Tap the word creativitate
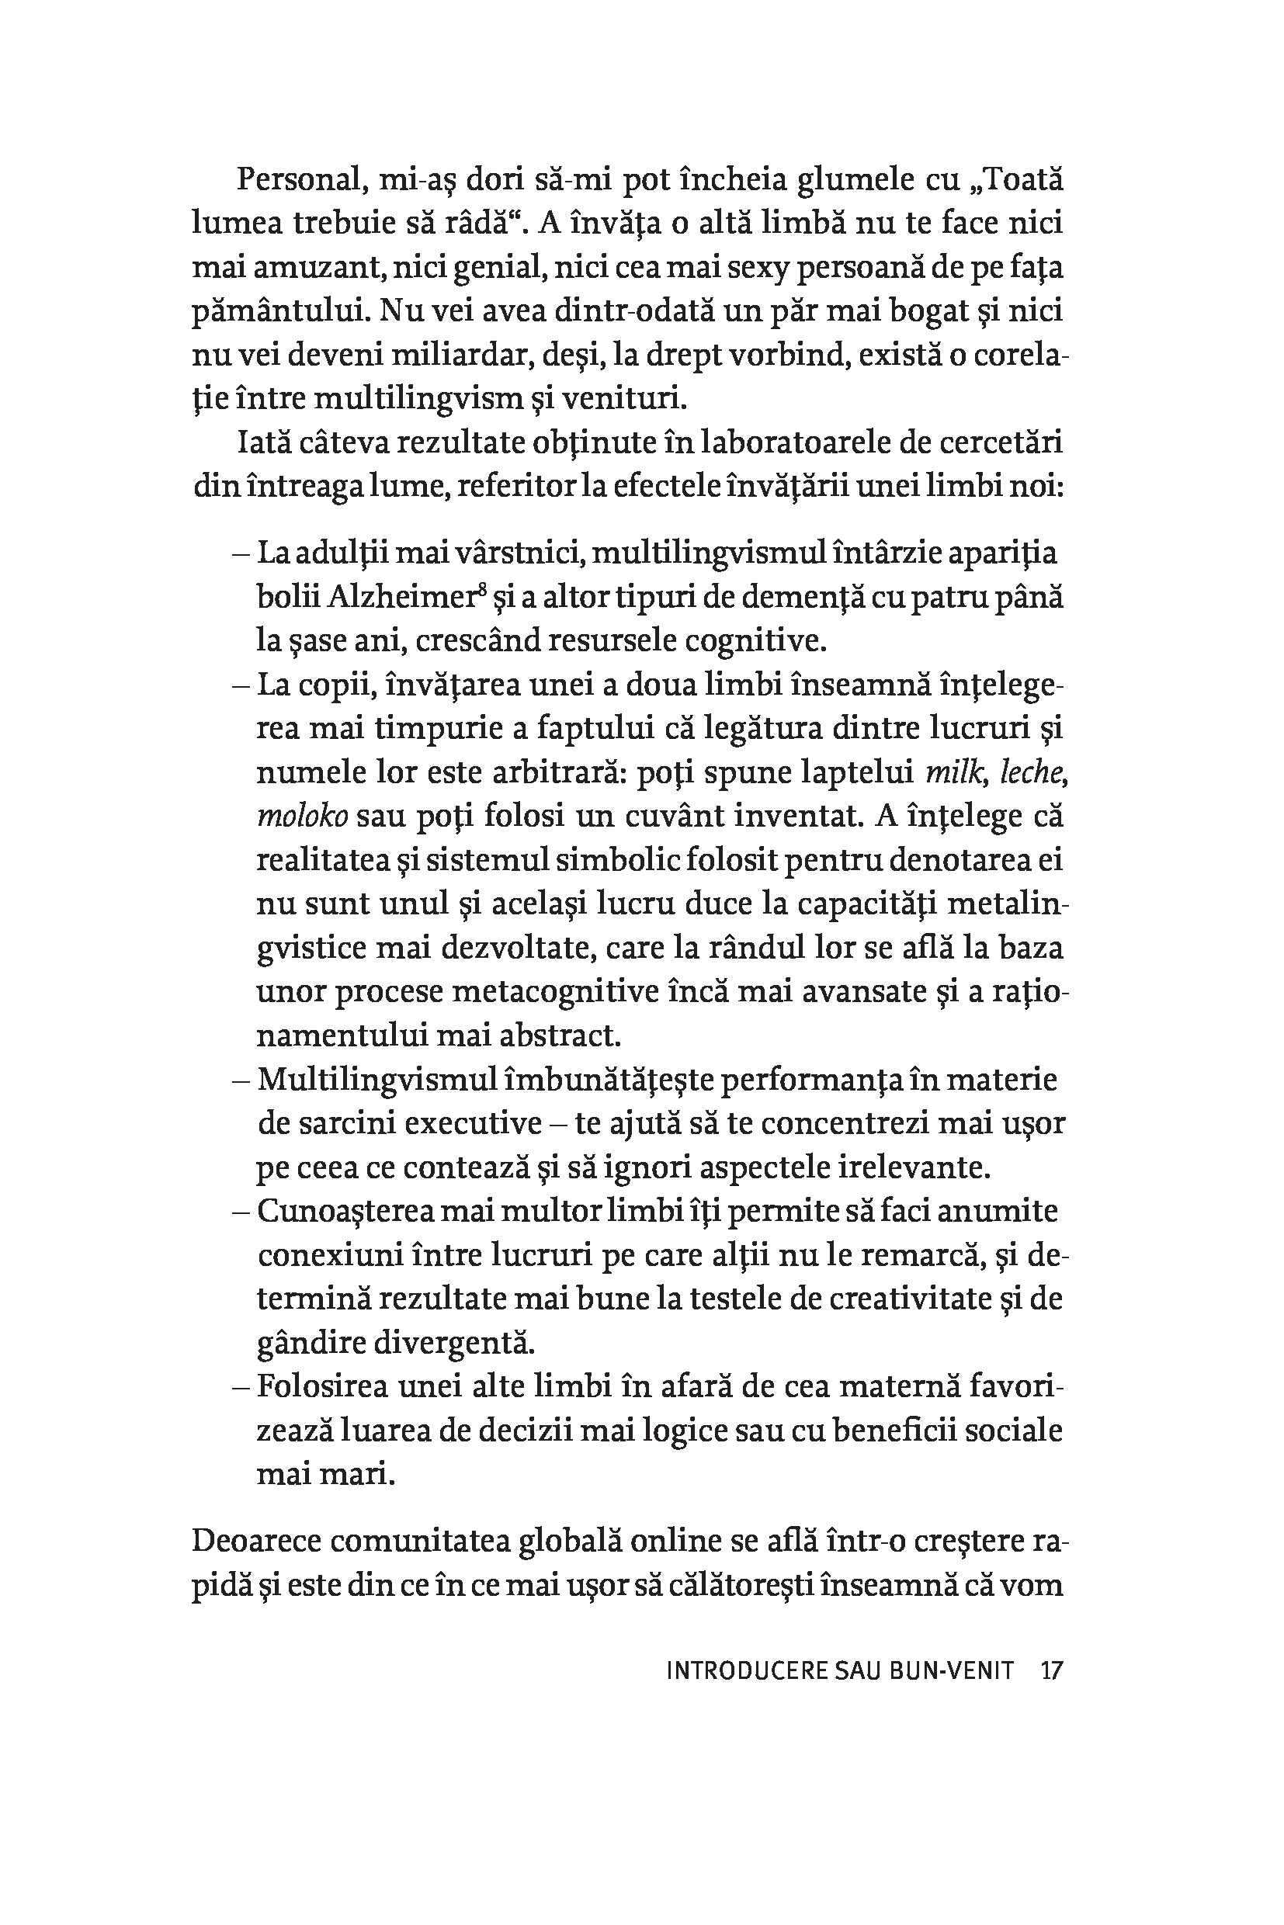[x=912, y=1299]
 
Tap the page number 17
[x=1050, y=1670]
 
